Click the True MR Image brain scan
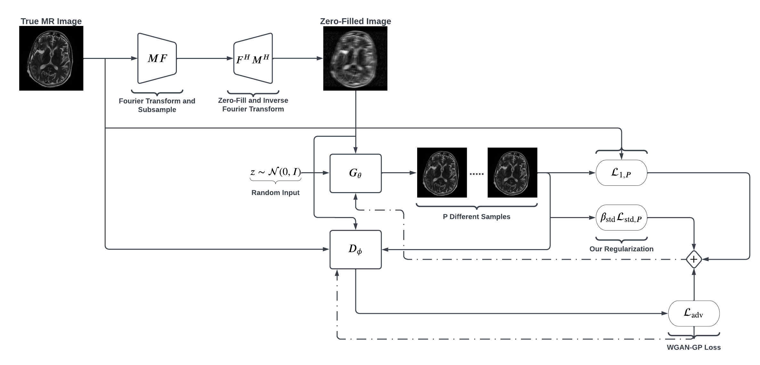coord(51,58)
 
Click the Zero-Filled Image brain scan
coord(355,58)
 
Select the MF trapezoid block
coord(157,58)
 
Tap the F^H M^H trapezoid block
coord(253,58)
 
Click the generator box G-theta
coord(355,173)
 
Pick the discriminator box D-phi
coord(355,249)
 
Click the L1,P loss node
coord(621,173)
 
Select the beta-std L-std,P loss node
coord(621,218)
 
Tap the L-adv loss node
coord(694,313)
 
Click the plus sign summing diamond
coord(694,259)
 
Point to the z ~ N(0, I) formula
coord(276,172)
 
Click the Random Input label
coord(276,193)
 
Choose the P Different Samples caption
coord(476,217)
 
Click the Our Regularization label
coord(621,249)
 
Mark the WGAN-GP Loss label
coord(694,347)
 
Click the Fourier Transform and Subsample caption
coord(157,105)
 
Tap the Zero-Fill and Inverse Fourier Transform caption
coord(253,105)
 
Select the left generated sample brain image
coord(442,173)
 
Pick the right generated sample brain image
coord(512,173)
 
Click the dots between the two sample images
coord(476,174)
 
